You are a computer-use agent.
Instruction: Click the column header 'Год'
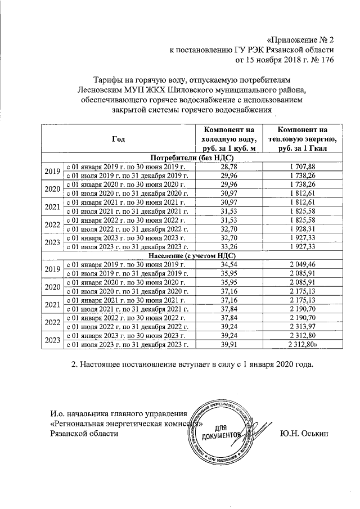[119, 138]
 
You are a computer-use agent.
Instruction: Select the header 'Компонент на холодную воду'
[228, 138]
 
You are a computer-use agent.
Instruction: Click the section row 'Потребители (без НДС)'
[186, 157]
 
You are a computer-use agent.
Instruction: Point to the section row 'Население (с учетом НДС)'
[186, 255]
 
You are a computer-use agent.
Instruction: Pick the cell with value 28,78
[228, 167]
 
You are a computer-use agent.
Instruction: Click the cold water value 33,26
[228, 246]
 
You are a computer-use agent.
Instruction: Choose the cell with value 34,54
[228, 264]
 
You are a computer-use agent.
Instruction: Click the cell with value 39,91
[228, 343]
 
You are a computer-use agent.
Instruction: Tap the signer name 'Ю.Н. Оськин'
[306, 434]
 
